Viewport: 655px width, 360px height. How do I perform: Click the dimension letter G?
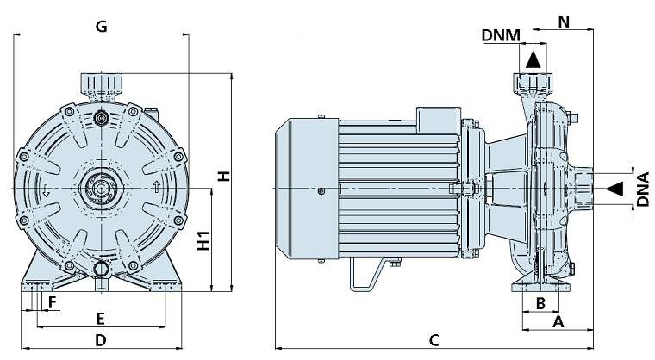pyautogui.click(x=101, y=26)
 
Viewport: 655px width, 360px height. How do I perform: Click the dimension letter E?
pyautogui.click(x=100, y=317)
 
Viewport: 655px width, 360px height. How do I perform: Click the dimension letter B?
pyautogui.click(x=540, y=302)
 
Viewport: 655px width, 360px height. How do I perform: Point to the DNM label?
pyautogui.click(x=501, y=35)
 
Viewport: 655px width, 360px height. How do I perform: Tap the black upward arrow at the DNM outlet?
pyautogui.click(x=533, y=59)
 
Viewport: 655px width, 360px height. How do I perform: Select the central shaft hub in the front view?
pyautogui.click(x=101, y=187)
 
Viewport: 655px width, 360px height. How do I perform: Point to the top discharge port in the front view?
pyautogui.click(x=101, y=84)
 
